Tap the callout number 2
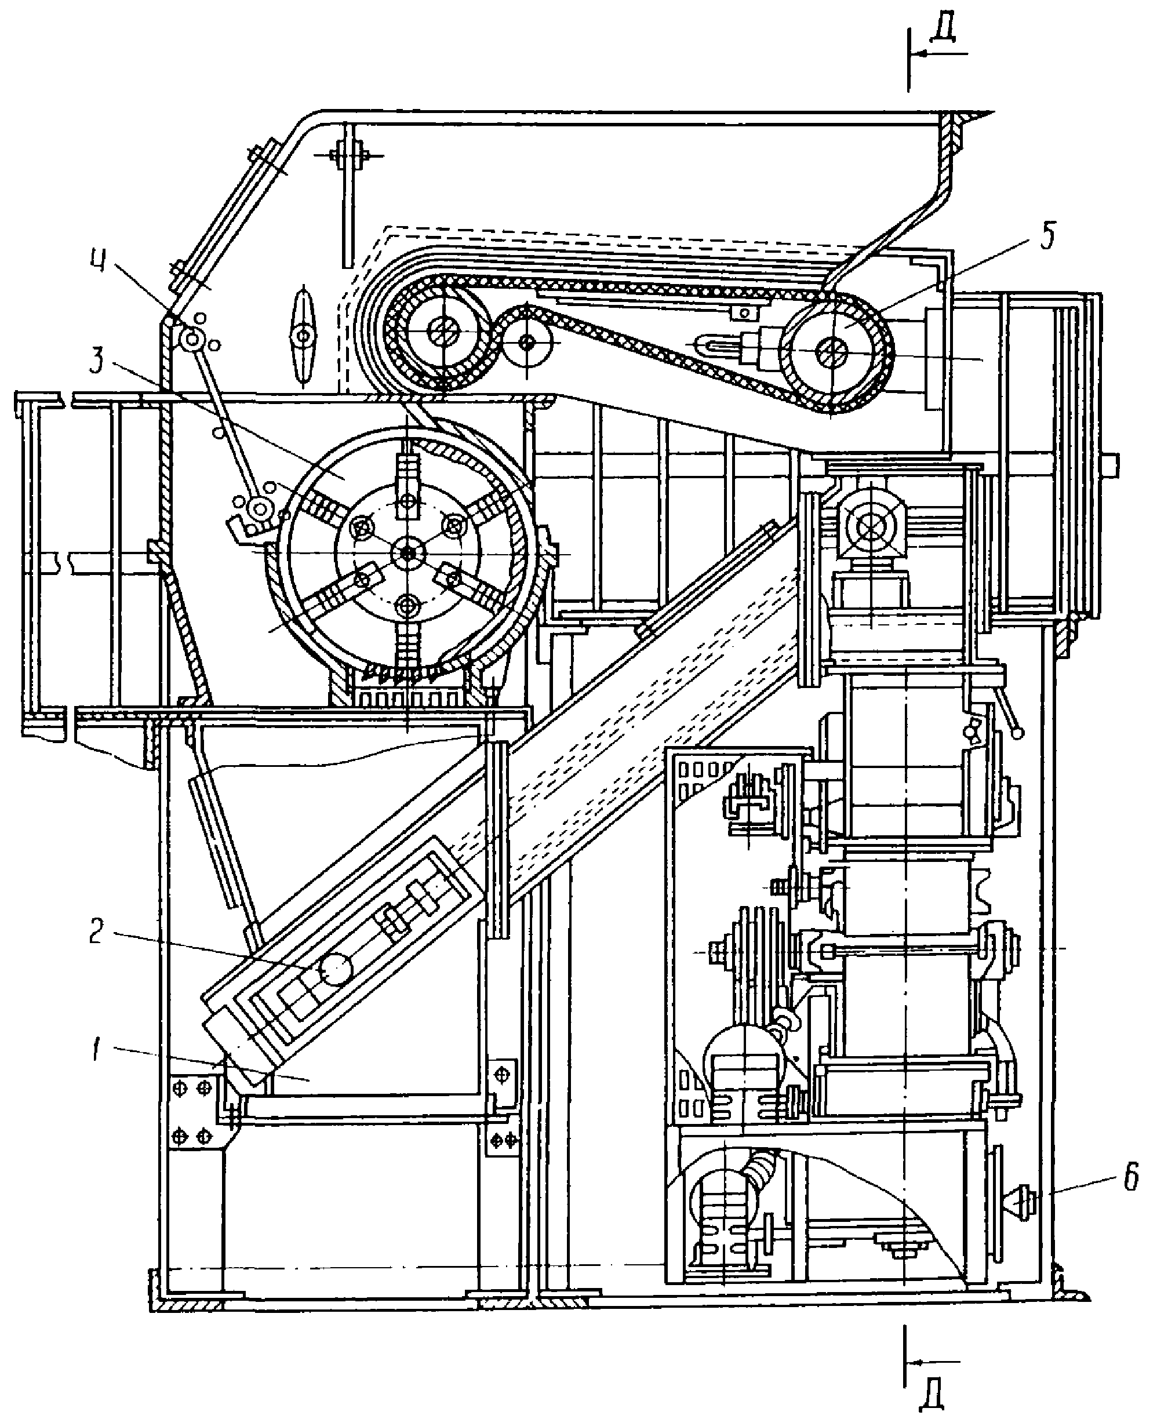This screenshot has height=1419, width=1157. click(98, 932)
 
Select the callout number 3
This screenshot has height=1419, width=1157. click(98, 361)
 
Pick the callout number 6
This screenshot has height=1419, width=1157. click(1130, 1178)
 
